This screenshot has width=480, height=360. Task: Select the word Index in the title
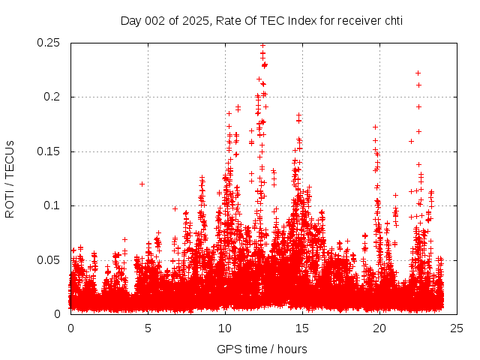293,20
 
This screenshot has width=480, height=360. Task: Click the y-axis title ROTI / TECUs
10,178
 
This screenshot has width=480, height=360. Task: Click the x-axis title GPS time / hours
262,349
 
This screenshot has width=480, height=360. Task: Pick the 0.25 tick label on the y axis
49,43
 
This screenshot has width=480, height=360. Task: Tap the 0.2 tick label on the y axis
52,97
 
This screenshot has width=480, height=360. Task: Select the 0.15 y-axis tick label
49,151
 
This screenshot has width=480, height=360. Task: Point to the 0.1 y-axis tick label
52,205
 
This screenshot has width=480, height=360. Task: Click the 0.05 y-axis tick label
49,259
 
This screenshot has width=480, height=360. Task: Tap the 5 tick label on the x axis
148,328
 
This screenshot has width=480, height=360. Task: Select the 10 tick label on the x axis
225,328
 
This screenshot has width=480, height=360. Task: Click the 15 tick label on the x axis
302,328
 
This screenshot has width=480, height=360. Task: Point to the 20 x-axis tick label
379,328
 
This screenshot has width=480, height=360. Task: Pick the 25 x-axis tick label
457,328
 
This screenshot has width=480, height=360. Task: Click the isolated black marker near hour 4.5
141,184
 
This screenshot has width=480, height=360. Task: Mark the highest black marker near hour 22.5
418,73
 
